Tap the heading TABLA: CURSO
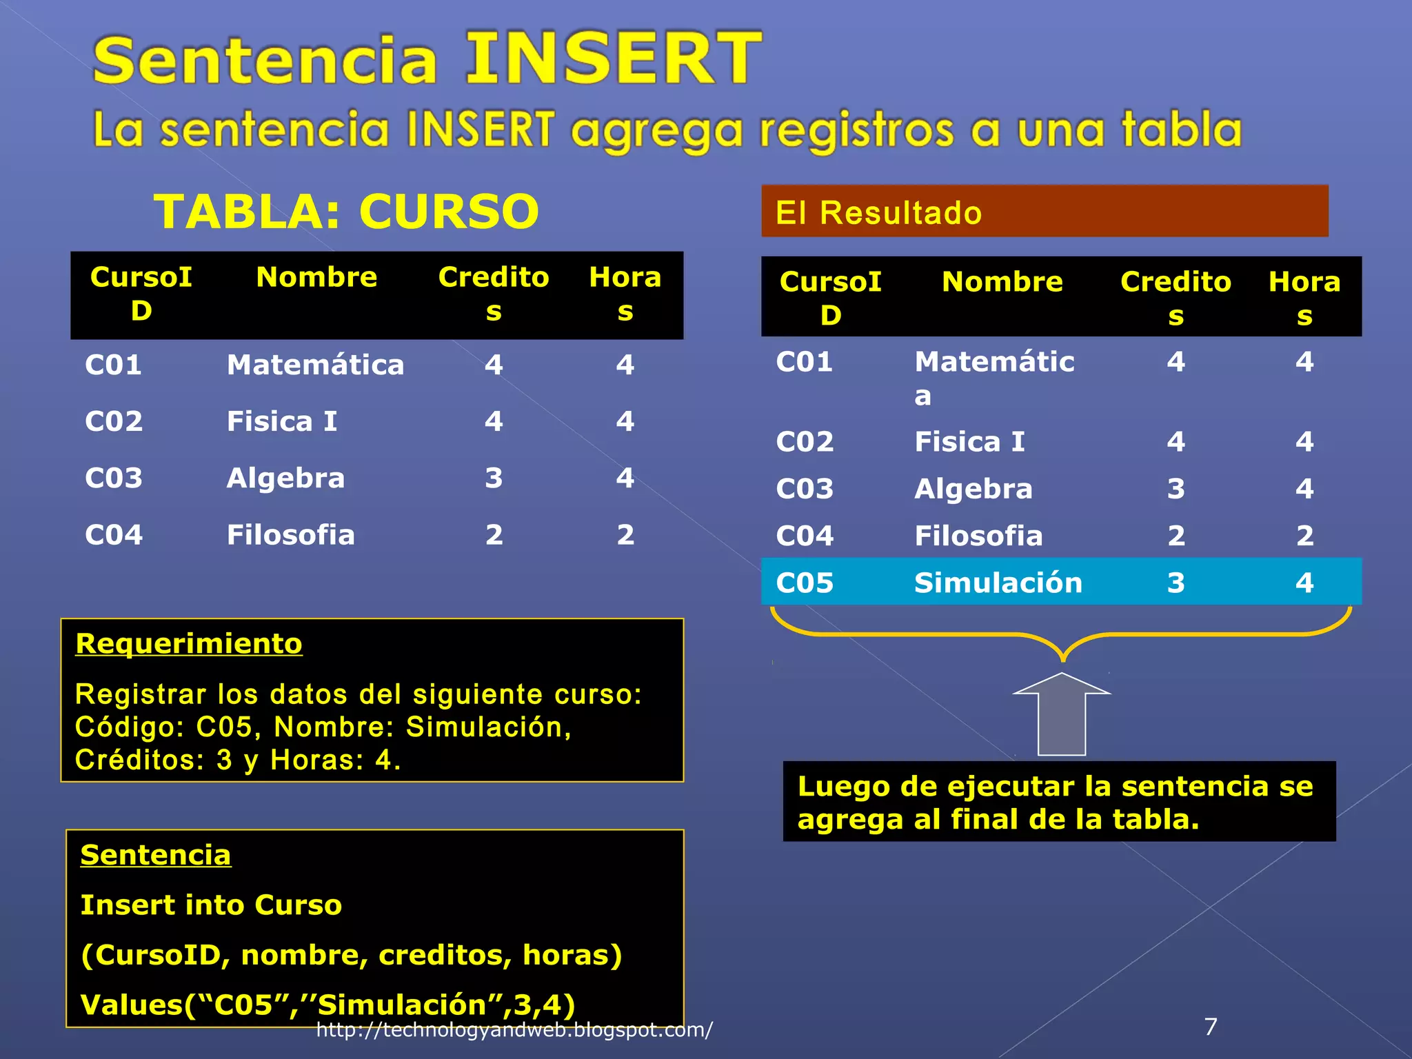pyautogui.click(x=346, y=211)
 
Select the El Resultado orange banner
pyautogui.click(x=1044, y=212)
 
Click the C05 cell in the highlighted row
pyautogui.click(x=805, y=583)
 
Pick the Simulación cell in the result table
pyautogui.click(x=998, y=583)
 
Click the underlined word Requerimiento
pyautogui.click(x=189, y=643)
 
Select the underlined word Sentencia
pyautogui.click(x=156, y=855)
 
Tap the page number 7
pyautogui.click(x=1211, y=1027)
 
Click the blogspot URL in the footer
pyautogui.click(x=514, y=1030)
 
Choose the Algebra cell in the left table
pyautogui.click(x=285, y=478)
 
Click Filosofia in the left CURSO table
pyautogui.click(x=291, y=535)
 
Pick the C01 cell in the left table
pyautogui.click(x=113, y=365)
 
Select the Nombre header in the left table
pyautogui.click(x=316, y=277)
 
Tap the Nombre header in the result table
pyautogui.click(x=1002, y=282)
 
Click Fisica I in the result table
pyautogui.click(x=969, y=442)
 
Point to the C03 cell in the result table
pyautogui.click(x=805, y=489)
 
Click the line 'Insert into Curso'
pyautogui.click(x=211, y=905)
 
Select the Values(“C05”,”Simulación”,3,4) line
pyautogui.click(x=327, y=1005)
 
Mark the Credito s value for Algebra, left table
pyautogui.click(x=494, y=478)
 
